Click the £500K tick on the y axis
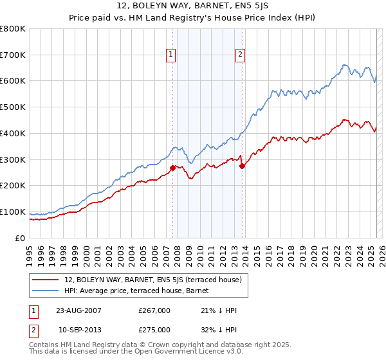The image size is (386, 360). tap(13, 107)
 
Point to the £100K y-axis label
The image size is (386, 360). tap(13, 212)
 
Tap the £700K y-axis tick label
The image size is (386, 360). tap(13, 55)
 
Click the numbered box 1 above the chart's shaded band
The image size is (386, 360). tap(171, 55)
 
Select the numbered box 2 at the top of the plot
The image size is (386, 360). tap(239, 55)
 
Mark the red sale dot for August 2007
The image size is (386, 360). tap(172, 168)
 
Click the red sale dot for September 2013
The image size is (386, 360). tap(242, 166)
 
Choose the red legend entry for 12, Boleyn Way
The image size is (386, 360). tap(153, 280)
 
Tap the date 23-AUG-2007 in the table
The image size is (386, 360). tap(78, 310)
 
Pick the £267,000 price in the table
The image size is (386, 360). tap(154, 310)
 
